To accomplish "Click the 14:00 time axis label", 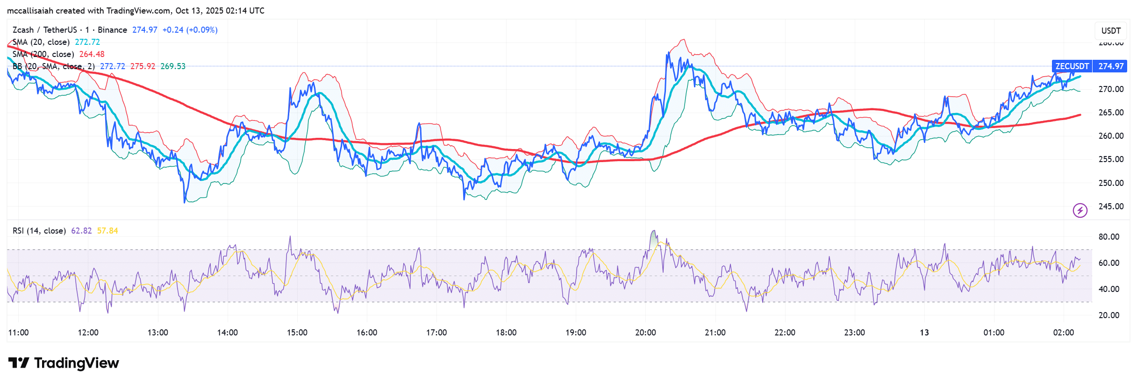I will coord(227,333).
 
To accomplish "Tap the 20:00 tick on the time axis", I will coord(645,333).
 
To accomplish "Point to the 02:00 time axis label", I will coord(1063,333).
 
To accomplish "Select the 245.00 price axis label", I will coord(1111,206).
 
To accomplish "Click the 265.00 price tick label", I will coord(1111,113).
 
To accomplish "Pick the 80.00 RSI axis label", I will coord(1108,237).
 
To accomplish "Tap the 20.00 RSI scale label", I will coord(1108,315).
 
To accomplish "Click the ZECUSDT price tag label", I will coord(1072,66).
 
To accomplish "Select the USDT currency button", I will coord(1111,31).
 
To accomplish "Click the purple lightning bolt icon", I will coord(1080,210).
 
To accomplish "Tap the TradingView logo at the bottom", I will coord(64,363).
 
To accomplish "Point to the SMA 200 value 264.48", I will coord(92,54).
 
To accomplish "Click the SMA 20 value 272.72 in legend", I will coord(87,42).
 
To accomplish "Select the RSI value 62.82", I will coord(81,231).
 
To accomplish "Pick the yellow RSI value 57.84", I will coord(107,231).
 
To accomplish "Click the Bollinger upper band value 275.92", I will coord(143,66).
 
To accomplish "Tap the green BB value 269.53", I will coord(173,66).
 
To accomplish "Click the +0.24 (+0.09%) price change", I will coord(190,30).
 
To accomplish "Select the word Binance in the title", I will coord(112,30).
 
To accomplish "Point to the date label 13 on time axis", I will coord(924,333).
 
